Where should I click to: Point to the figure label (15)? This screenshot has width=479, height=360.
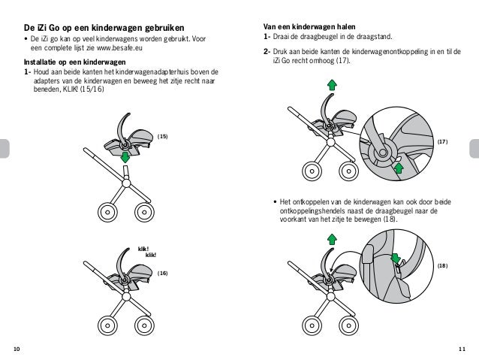[162, 136]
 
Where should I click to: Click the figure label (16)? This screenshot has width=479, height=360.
[162, 274]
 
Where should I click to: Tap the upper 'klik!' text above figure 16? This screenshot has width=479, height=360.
[144, 248]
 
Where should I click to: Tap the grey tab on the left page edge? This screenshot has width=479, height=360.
[4, 148]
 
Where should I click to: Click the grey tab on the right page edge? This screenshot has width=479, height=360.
[474, 148]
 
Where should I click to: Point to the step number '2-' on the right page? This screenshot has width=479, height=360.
[267, 51]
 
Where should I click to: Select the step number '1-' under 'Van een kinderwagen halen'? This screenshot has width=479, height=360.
[267, 36]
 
